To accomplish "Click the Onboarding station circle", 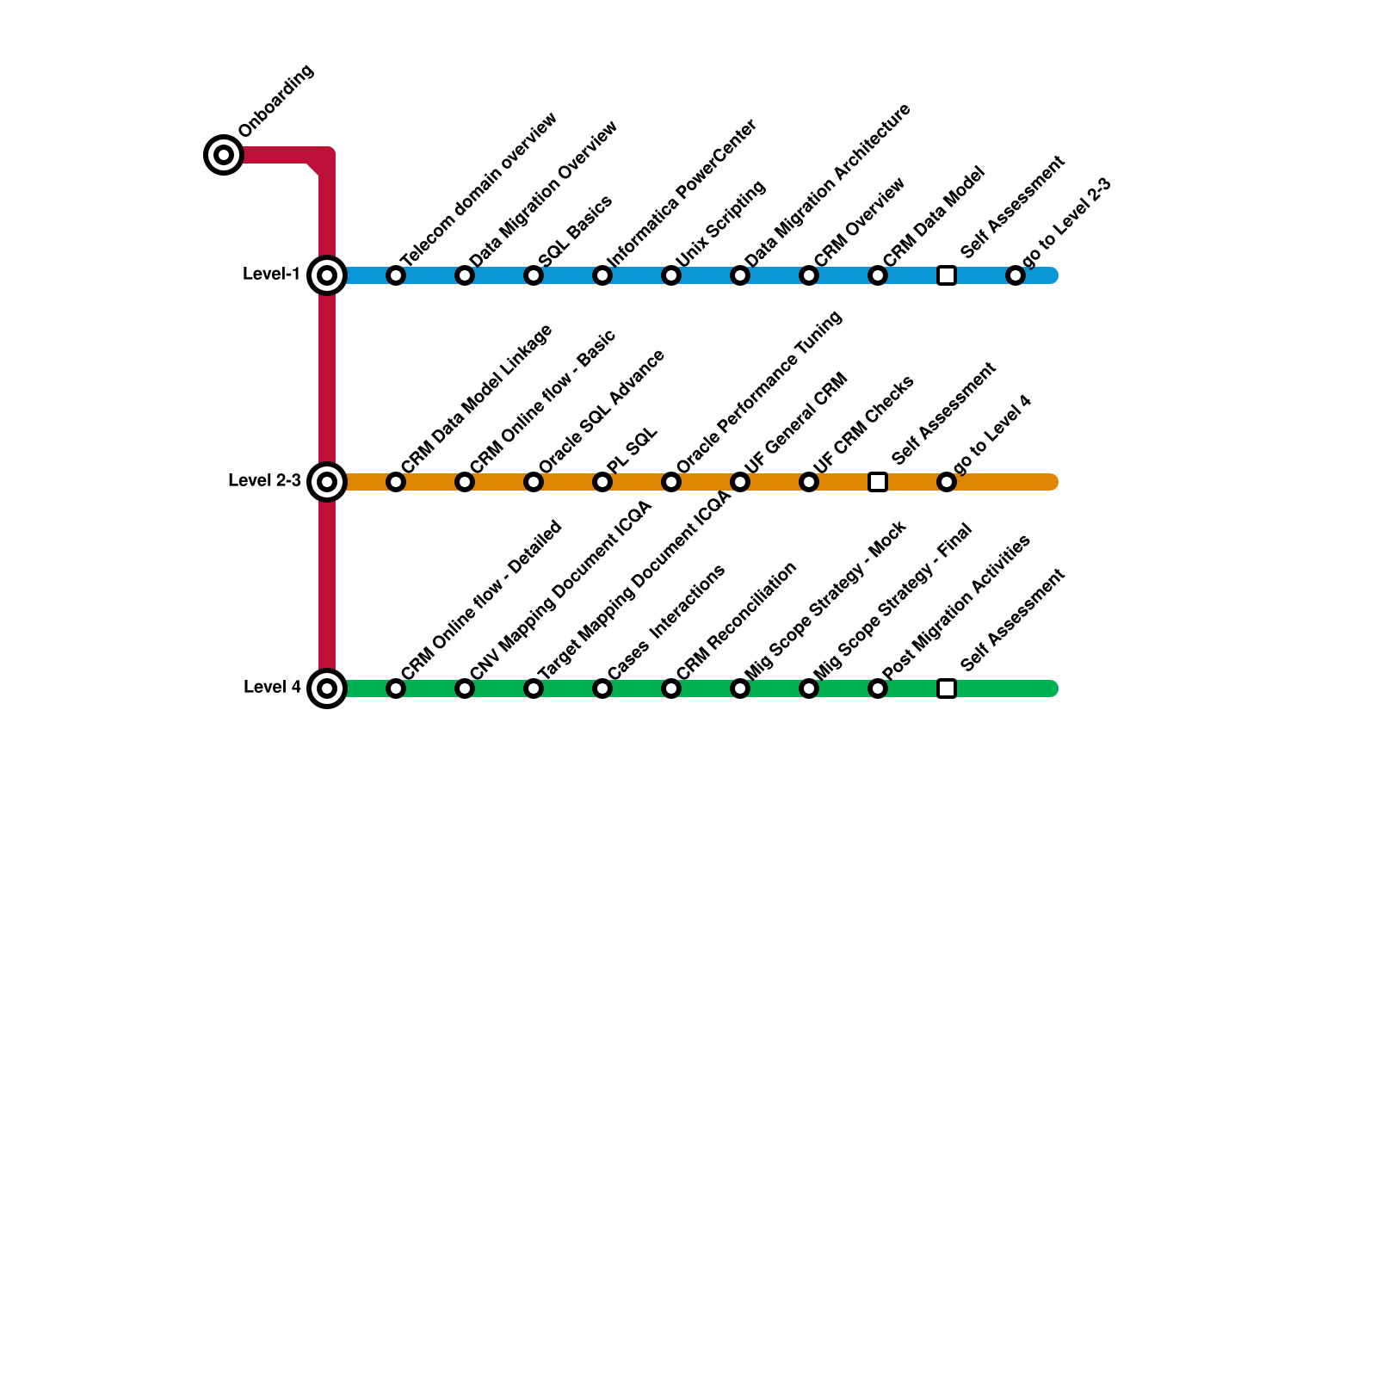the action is pos(224,155).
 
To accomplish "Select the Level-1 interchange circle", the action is pos(327,275).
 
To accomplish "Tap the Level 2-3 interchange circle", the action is pos(327,482).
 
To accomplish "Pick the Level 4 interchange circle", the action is pos(327,688).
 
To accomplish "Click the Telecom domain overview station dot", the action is pos(396,275).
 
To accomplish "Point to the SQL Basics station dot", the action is pos(534,275).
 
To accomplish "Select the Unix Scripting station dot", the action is pos(671,275).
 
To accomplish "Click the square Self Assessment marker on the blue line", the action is pos(947,275).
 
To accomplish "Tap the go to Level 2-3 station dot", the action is pos(1016,275).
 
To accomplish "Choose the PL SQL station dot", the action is pos(602,482).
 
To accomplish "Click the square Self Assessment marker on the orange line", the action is pos(878,482).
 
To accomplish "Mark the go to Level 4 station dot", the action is pos(947,482).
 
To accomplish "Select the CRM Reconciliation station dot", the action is pos(671,688).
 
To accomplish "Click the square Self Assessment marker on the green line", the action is pos(947,688).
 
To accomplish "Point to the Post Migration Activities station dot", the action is pos(878,688).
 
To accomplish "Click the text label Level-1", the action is pos(271,275).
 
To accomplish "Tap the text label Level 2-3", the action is pos(264,480).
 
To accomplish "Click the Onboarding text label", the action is pos(276,102).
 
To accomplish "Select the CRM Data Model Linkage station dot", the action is pos(396,482).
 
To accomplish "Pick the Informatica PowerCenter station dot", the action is pos(602,275).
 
